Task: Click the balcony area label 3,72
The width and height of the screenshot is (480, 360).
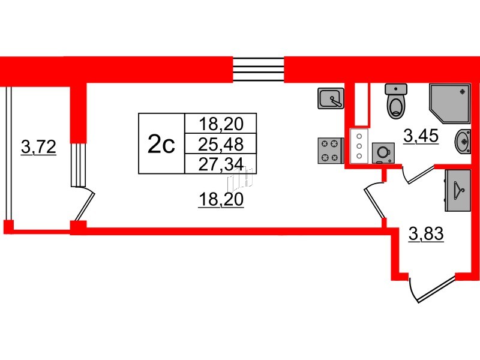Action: pos(38,147)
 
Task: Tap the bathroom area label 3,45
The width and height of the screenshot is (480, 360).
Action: pos(421,136)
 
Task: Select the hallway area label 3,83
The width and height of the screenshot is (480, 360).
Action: pos(426,234)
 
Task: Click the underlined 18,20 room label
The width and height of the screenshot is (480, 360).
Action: pos(221,200)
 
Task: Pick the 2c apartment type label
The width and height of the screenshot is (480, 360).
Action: pos(161,144)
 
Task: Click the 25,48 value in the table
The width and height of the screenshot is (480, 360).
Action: pos(221,144)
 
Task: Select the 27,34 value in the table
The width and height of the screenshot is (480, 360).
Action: pos(221,164)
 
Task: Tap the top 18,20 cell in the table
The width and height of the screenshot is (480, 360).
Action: pos(221,124)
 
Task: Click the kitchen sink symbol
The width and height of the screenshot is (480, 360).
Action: pos(331,98)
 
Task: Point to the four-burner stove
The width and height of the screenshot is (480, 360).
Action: pos(331,151)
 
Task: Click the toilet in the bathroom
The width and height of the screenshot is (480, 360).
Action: pos(396,101)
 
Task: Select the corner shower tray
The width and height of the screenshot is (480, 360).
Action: pos(449,104)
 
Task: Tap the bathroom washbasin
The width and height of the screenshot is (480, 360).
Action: pos(463,142)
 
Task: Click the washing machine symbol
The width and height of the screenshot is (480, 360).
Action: pos(383,153)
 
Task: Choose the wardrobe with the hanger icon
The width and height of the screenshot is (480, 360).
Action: pos(458,190)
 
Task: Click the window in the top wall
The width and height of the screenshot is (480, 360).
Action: pos(259,70)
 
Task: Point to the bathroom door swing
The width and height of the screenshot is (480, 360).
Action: pos(418,174)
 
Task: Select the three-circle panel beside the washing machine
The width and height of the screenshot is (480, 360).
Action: pos(359,146)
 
